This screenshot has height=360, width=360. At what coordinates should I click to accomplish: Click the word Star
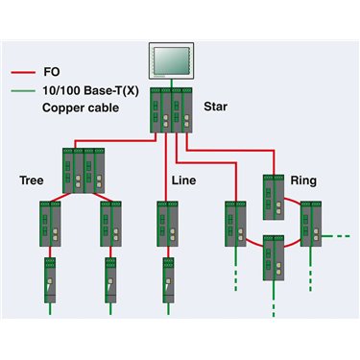point(215,107)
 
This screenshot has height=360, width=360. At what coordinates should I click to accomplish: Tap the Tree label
point(32,180)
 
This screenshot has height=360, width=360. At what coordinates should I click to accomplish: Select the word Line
point(183,180)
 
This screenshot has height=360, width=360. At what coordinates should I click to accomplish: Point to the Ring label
point(303,180)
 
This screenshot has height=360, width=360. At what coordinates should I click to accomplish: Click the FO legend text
point(52,72)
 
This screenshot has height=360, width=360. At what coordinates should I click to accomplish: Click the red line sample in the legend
point(23,73)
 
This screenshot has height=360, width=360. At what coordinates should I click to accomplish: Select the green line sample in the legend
point(23,91)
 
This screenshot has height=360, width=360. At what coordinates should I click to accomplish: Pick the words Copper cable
point(81,108)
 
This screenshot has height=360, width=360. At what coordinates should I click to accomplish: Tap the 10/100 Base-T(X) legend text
point(91,91)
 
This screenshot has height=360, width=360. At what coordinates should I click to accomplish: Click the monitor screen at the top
point(171,60)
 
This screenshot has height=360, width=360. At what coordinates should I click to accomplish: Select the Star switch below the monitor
point(171,110)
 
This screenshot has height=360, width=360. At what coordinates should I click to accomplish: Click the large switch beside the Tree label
point(84,171)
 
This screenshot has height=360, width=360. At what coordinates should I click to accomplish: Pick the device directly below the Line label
point(167,224)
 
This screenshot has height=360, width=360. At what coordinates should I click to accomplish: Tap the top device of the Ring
point(274,197)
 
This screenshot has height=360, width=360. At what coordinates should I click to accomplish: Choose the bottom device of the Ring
point(274,258)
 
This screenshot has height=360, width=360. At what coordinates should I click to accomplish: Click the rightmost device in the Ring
point(311,224)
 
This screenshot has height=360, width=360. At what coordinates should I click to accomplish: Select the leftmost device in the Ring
point(235,224)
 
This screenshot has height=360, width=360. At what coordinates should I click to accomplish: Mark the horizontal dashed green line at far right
point(335,236)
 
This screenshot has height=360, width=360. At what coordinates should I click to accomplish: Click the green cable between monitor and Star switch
point(172,84)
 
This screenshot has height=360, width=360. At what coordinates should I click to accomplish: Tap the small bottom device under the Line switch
point(168,280)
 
